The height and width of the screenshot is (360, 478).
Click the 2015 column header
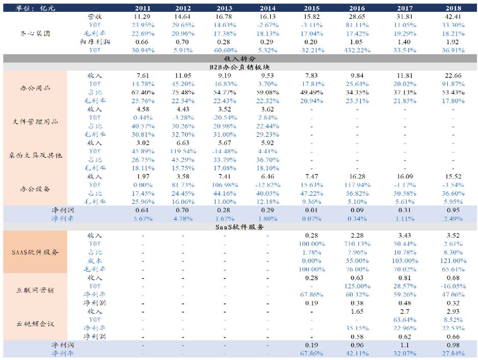pos(312,8)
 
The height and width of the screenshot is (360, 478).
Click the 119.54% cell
pos(183,151)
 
